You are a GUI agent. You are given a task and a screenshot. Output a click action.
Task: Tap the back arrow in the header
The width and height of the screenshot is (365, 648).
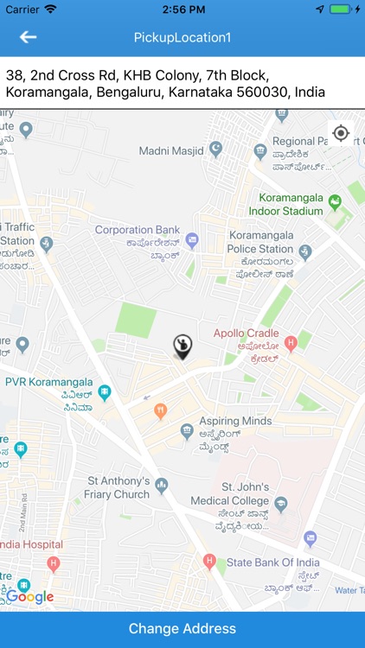(x=29, y=37)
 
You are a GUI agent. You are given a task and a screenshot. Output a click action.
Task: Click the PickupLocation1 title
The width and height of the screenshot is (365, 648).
(x=182, y=38)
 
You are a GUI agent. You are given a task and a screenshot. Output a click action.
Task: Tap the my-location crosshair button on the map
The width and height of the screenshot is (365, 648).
(x=341, y=133)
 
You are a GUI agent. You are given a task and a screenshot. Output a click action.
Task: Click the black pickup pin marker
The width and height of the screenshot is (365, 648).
(x=182, y=345)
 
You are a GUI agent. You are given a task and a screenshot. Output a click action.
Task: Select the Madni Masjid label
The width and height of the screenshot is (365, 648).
(x=169, y=151)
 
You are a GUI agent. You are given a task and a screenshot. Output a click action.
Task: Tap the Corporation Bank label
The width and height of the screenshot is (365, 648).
(x=138, y=230)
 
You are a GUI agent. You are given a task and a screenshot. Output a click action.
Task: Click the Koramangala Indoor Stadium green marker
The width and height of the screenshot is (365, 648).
(x=336, y=201)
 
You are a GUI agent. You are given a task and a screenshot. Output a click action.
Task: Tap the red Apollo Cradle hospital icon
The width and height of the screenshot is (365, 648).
(x=291, y=343)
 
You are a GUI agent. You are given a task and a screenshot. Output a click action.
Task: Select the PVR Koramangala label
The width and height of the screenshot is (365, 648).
(x=49, y=382)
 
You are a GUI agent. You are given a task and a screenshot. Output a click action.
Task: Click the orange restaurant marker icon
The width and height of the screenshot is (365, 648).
(x=160, y=411)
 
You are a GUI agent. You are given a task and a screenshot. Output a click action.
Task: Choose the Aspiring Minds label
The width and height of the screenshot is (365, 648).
(x=235, y=421)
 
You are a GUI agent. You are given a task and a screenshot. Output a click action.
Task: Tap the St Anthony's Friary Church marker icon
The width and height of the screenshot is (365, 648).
(x=161, y=488)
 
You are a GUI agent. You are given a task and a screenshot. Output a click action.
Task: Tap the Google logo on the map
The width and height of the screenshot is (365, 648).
(x=31, y=596)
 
